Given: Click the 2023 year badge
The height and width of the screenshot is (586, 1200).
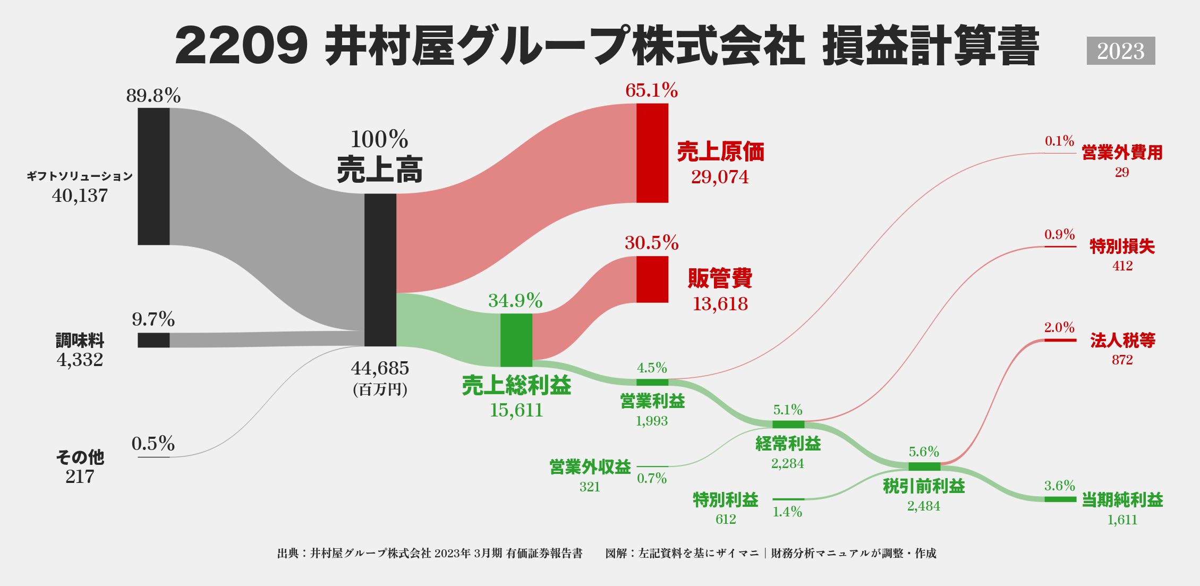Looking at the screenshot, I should [x=1120, y=51].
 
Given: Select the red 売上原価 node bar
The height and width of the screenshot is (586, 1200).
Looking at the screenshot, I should [x=652, y=153].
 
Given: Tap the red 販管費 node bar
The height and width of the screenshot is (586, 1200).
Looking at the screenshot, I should [x=652, y=279].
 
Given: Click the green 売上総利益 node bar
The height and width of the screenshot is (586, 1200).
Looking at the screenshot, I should [x=516, y=340].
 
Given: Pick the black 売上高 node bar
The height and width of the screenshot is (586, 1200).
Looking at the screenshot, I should [x=380, y=270].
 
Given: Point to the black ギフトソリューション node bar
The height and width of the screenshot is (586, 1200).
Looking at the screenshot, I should [x=154, y=176].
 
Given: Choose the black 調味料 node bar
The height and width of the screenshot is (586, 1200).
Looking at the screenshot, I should [x=154, y=340].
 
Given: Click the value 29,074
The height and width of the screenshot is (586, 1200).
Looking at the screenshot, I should [x=720, y=177].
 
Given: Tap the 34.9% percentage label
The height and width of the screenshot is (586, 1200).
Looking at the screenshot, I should [x=515, y=301].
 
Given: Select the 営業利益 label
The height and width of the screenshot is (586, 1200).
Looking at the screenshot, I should [x=652, y=401].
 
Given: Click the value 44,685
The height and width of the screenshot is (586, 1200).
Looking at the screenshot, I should [x=380, y=368].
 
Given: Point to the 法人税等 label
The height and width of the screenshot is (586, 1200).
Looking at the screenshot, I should [x=1122, y=340].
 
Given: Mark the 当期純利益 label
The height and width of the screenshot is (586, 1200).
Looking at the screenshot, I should [x=1122, y=500].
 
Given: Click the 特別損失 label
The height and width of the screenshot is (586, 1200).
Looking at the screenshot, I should [x=1122, y=247].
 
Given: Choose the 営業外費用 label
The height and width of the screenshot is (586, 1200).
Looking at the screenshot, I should [x=1122, y=153].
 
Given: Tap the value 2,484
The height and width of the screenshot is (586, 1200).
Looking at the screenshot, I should [x=924, y=506].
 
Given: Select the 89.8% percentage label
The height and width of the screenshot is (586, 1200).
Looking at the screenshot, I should [x=154, y=96].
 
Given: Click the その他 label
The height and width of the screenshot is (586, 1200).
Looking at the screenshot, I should [x=80, y=457].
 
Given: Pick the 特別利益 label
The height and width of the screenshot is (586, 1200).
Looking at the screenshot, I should [x=726, y=500].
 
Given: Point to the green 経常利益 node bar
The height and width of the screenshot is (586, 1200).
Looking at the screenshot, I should [x=788, y=424].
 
